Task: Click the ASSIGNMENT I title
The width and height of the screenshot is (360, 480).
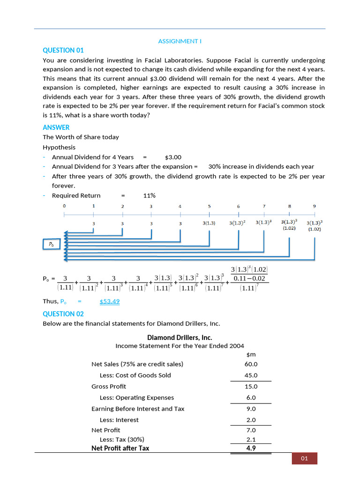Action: tap(180, 41)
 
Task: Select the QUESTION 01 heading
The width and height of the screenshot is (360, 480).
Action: tap(63, 51)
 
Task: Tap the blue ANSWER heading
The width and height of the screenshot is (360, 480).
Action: tap(56, 127)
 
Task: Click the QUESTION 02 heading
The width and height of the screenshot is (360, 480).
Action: tap(63, 314)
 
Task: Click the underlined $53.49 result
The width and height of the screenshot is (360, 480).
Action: tap(110, 301)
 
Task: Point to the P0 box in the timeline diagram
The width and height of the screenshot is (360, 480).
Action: tap(51, 244)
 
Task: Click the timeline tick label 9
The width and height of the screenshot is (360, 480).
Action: tap(315, 206)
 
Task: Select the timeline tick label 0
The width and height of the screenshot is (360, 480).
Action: tap(64, 206)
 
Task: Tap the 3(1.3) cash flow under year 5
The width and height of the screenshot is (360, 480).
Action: tap(209, 223)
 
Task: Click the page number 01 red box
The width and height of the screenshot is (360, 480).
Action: tap(305, 458)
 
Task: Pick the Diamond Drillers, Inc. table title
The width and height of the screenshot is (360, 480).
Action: tap(180, 337)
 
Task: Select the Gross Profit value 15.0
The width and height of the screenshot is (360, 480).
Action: tap(251, 387)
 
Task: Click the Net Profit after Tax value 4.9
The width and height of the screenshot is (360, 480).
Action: tap(251, 448)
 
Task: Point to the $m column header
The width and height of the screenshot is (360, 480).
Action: tap(251, 354)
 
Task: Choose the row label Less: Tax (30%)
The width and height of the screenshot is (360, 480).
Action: tap(122, 440)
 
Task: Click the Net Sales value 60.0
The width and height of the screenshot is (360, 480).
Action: tap(251, 364)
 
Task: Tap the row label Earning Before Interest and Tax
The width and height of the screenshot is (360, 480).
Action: tap(138, 409)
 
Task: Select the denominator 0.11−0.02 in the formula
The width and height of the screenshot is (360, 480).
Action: tap(249, 278)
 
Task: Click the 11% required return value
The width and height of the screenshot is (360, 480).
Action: tap(150, 195)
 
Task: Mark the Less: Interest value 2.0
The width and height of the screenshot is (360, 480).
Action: tap(251, 420)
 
